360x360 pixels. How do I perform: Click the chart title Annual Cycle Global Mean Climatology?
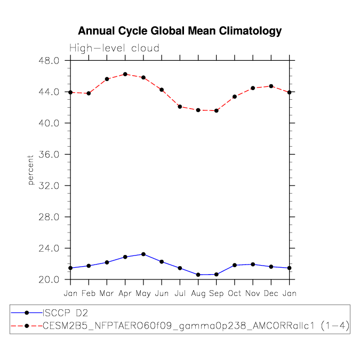(x=180, y=31)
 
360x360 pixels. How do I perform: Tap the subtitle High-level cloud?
(x=114, y=49)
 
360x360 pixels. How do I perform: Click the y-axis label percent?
(x=30, y=170)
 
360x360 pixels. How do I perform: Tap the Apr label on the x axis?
(x=125, y=293)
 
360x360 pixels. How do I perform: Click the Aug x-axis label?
(x=198, y=293)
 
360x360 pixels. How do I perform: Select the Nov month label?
(x=253, y=293)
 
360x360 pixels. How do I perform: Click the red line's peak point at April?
(x=125, y=74)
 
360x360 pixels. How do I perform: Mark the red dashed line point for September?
(x=217, y=110)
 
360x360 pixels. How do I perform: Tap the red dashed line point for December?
(x=271, y=86)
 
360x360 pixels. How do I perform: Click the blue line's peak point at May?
(x=143, y=254)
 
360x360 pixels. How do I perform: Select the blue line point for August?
(x=198, y=275)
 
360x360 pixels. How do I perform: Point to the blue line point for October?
(x=235, y=265)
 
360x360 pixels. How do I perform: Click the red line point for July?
(x=180, y=107)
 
